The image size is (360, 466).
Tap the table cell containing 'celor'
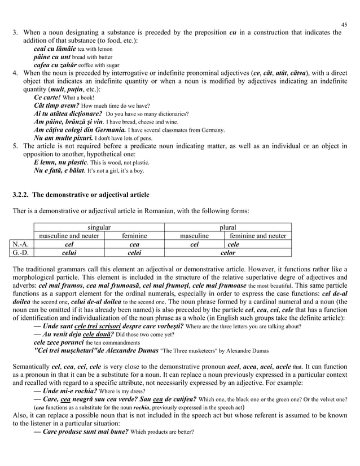point(227,254)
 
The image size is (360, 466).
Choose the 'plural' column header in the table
point(227,227)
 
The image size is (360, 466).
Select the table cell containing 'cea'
point(134,245)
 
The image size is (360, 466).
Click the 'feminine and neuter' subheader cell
point(257,236)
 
